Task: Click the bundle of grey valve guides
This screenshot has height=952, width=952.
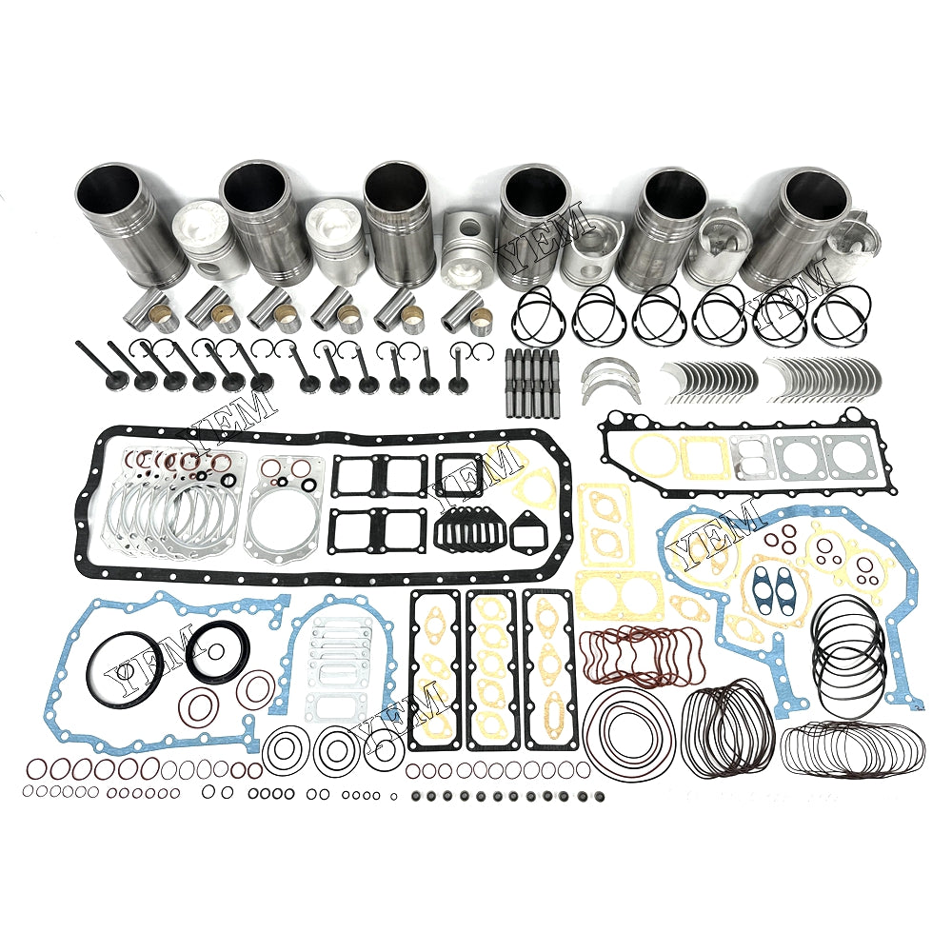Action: point(534,377)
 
